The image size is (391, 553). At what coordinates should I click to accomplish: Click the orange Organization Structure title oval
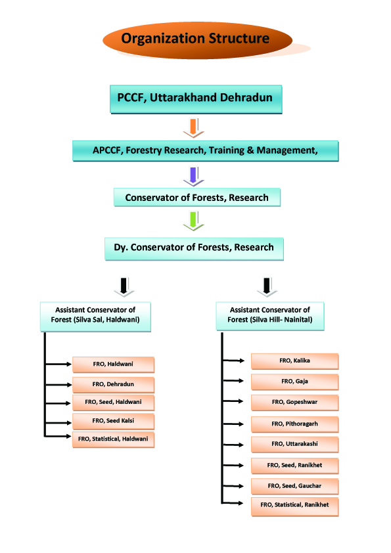[x=197, y=39]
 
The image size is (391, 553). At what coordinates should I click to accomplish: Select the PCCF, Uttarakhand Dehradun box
[x=196, y=99]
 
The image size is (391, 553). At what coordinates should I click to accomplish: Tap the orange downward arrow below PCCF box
[x=193, y=128]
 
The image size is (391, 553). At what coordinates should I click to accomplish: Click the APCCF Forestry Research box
[x=206, y=151]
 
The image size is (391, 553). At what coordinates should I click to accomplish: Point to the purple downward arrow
[x=193, y=177]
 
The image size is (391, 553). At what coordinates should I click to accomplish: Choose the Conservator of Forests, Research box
[x=197, y=197]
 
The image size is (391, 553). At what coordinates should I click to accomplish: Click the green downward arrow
[x=193, y=221]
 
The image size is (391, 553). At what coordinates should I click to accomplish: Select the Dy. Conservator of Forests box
[x=194, y=249]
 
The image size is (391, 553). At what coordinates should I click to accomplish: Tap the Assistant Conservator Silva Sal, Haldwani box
[x=95, y=317]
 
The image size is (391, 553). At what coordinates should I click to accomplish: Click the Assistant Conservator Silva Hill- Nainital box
[x=270, y=316]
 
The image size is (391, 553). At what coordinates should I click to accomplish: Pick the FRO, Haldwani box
[x=113, y=365]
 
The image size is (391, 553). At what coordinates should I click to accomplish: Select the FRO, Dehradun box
[x=113, y=385]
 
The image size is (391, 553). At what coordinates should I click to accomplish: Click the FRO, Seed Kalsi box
[x=113, y=421]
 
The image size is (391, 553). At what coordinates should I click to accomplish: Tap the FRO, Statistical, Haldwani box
[x=113, y=439]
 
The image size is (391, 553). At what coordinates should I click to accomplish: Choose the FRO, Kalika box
[x=294, y=361]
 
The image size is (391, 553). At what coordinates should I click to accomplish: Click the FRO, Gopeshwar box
[x=294, y=403]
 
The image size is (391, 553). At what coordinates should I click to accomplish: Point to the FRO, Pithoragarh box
[x=294, y=425]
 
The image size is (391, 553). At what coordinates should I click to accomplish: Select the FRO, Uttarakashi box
[x=294, y=445]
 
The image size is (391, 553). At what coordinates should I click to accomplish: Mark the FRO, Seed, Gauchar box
[x=294, y=487]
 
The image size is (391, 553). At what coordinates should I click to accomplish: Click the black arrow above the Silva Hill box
[x=267, y=287]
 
